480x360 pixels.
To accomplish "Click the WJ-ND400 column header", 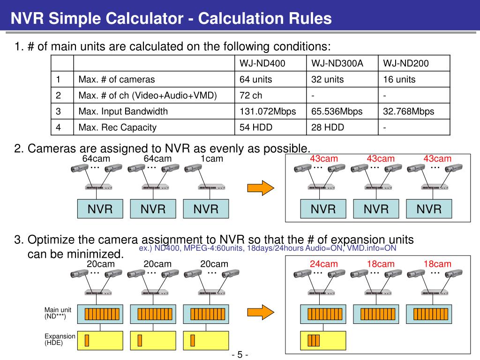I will [262, 63].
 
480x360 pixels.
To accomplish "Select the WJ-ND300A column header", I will [337, 63].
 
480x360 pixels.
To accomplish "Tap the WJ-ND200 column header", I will [406, 63].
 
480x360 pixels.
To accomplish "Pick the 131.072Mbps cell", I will [268, 112].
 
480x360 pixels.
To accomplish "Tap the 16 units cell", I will [399, 79].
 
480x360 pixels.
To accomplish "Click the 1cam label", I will [211, 159].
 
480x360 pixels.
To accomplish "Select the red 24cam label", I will [323, 264].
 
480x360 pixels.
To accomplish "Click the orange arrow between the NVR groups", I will [260, 187].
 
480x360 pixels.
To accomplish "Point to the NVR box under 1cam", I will [206, 209].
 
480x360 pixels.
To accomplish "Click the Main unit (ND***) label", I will [58, 313].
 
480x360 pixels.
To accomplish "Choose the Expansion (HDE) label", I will [60, 339].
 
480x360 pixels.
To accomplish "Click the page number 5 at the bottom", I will [240, 354].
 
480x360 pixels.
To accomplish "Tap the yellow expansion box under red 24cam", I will [323, 340].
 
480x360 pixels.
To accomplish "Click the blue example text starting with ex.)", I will [268, 248].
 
